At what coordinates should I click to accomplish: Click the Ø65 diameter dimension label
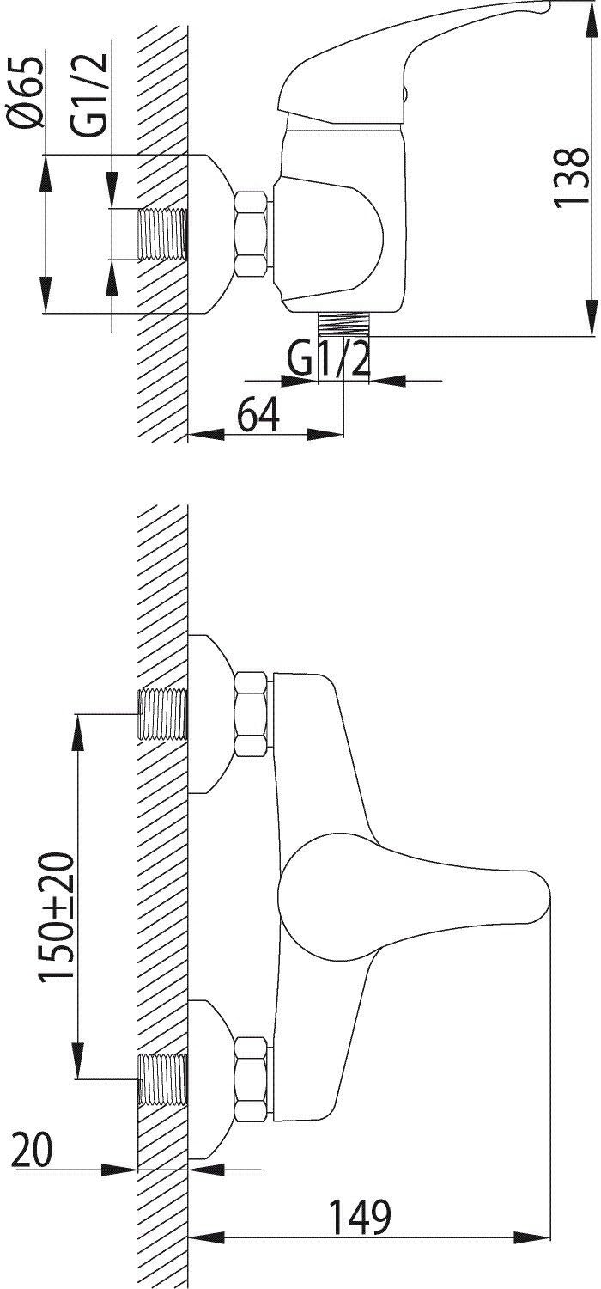coord(25,93)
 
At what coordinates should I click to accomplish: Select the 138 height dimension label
coord(570,176)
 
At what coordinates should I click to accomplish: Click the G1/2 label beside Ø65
coord(89,95)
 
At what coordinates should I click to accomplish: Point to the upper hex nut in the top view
coord(252,714)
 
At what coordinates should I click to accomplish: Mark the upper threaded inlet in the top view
coord(163,714)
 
